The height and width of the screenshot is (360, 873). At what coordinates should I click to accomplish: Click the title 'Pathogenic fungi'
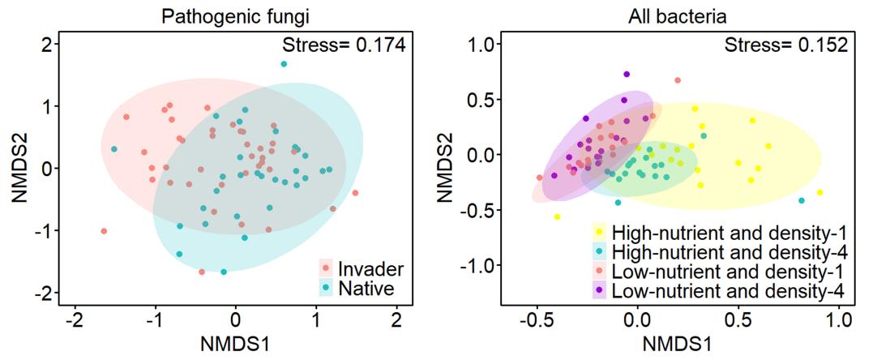click(236, 15)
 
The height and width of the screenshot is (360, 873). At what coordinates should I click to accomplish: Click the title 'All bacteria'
click(674, 15)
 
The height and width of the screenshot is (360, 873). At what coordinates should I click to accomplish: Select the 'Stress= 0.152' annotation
click(787, 45)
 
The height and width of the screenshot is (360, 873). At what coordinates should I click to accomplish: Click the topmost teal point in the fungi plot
click(284, 64)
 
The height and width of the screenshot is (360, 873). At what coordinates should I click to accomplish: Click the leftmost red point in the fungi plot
click(104, 231)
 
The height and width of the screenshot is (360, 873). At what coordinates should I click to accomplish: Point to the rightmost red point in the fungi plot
click(355, 193)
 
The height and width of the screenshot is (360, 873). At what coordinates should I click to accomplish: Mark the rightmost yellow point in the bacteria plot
click(820, 192)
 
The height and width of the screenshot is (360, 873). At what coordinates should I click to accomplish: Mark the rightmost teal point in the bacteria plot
click(802, 200)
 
